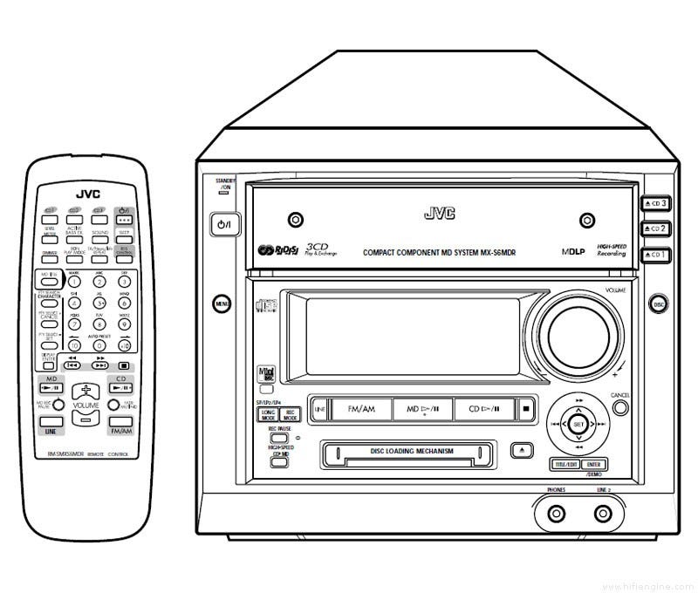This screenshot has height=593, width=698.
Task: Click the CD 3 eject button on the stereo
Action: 655,204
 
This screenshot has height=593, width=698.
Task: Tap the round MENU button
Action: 222,303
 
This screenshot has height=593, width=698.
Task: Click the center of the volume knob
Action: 577,330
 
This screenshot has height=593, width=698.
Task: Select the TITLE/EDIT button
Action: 565,465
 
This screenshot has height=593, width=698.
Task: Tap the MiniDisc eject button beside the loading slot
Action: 520,451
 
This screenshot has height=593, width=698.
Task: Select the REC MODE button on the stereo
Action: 291,415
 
